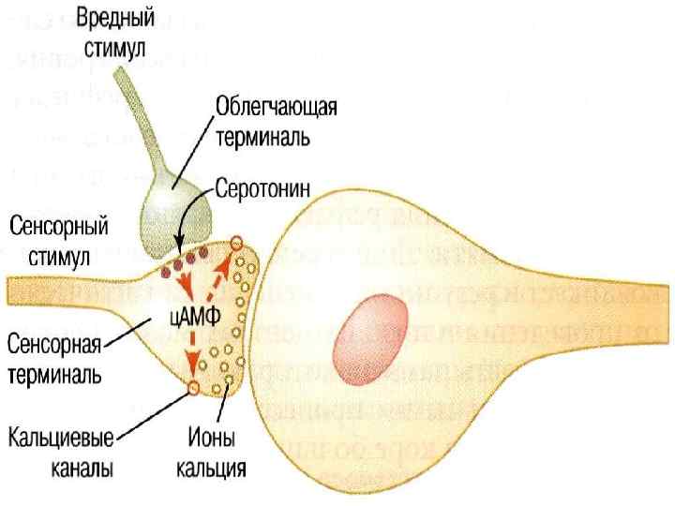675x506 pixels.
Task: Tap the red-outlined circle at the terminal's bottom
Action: (x=192, y=386)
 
